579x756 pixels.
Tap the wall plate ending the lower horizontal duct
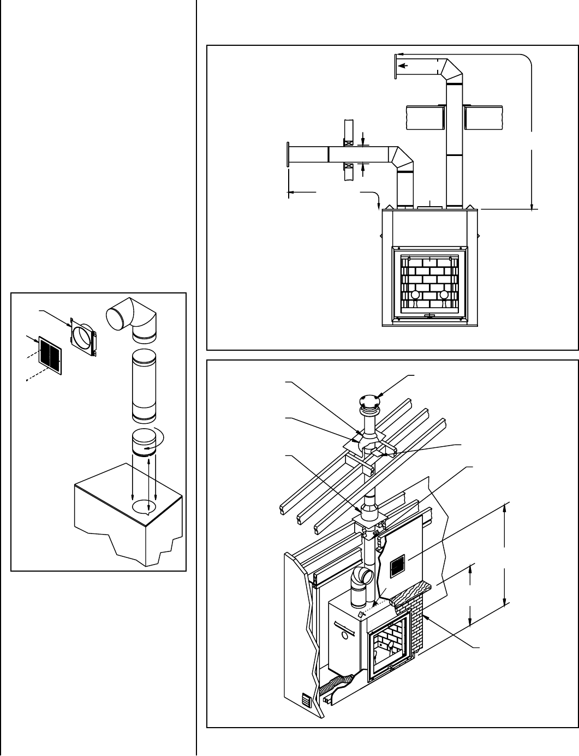[287, 155]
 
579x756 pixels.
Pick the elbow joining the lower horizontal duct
[403, 158]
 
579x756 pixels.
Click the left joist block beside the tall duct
[426, 117]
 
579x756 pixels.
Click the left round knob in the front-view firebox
[415, 295]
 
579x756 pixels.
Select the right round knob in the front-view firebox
[444, 295]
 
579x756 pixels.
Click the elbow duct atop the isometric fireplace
[363, 581]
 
